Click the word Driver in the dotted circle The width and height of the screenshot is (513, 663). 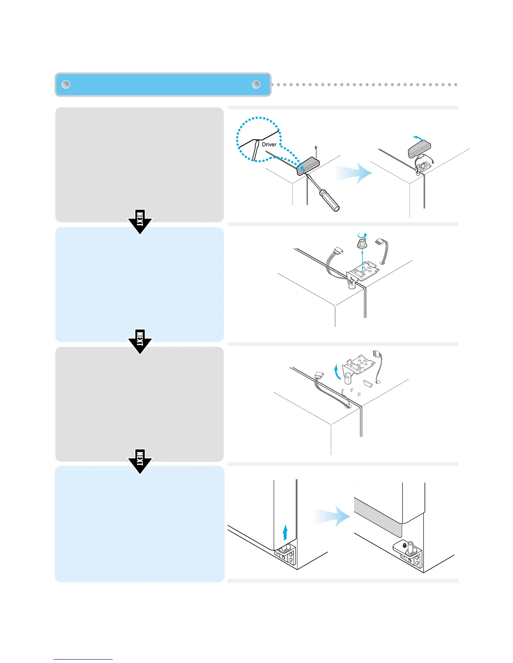[x=269, y=144]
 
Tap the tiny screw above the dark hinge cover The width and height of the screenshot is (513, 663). [x=315, y=147]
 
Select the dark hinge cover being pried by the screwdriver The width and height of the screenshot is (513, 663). [x=308, y=166]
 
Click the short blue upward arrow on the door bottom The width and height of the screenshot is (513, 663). [x=285, y=533]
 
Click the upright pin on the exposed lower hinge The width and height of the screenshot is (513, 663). [x=410, y=547]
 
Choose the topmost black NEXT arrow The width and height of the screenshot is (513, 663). [x=140, y=221]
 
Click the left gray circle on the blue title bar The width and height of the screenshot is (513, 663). [x=65, y=85]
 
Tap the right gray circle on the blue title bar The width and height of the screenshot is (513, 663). [x=256, y=85]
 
